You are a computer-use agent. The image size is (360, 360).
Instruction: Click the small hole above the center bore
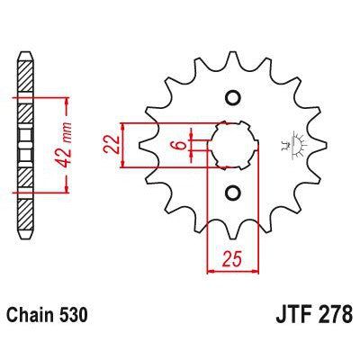click(232, 98)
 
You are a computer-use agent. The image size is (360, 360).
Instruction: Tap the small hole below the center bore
click(232, 192)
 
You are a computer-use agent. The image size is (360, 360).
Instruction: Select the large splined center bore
click(232, 145)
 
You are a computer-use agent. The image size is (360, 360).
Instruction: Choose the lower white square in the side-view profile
click(24, 156)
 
